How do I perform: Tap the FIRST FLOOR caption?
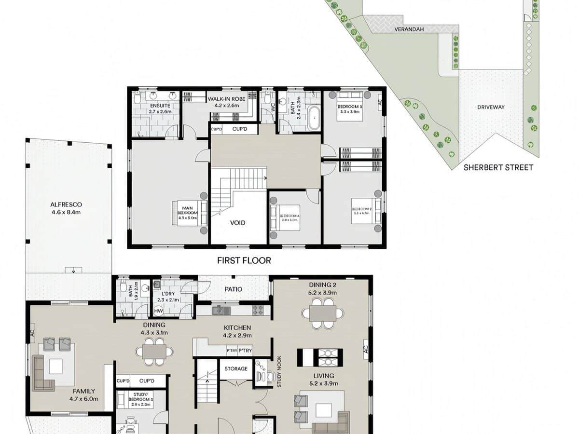click(244, 260)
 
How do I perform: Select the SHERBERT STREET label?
click(498, 167)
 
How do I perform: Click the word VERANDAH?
click(409, 29)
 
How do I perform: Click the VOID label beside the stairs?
click(237, 222)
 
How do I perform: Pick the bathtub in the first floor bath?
click(314, 119)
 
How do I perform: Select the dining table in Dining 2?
click(323, 313)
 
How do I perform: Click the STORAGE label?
click(236, 369)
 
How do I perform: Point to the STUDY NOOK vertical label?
click(278, 372)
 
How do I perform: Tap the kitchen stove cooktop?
click(258, 310)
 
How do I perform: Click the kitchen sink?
click(220, 310)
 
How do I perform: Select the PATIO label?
click(233, 289)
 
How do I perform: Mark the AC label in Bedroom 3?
click(380, 102)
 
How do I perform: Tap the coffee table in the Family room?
click(55, 367)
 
